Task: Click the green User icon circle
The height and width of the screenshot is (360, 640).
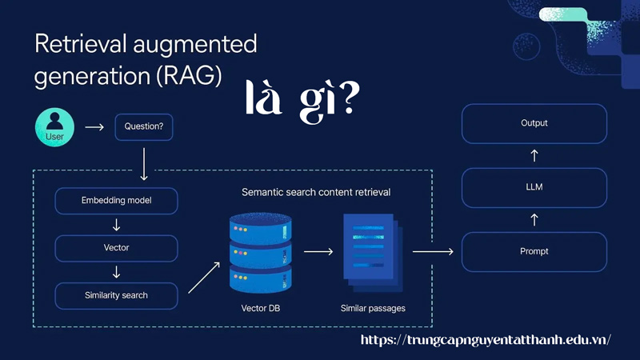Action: coord(54,127)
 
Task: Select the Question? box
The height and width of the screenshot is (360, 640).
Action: coord(144,126)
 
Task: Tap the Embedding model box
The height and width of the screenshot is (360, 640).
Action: coord(116,200)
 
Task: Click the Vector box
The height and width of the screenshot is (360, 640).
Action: coord(116,248)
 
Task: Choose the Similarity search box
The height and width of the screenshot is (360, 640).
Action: coord(116,295)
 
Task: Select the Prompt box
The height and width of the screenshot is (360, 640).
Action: coord(534,251)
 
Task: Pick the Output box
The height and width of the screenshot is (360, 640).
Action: coord(534,123)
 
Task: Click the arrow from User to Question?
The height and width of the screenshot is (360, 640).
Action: coord(94,127)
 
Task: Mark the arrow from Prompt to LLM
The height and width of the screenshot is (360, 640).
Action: coord(534,218)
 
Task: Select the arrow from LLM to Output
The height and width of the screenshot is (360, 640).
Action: coord(534,154)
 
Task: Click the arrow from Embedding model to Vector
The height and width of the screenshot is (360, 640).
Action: coord(116,224)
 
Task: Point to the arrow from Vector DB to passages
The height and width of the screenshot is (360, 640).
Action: coord(318,251)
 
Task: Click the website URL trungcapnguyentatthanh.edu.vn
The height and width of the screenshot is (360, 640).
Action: coord(486,339)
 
